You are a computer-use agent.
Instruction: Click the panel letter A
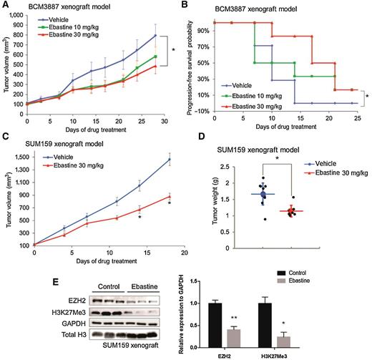tap(5, 5)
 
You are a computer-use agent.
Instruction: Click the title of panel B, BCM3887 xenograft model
tap(272, 6)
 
